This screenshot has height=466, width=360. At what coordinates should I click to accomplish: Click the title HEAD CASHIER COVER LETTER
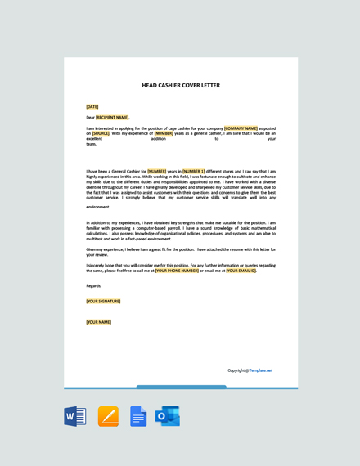[x=181, y=85]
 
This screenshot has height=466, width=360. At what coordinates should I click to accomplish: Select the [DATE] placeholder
[x=92, y=106]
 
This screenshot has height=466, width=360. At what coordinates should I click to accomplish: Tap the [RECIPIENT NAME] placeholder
[x=112, y=117]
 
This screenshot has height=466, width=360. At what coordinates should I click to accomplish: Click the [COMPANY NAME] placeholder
[x=241, y=128]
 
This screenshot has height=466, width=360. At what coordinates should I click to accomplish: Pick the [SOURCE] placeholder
[x=101, y=133]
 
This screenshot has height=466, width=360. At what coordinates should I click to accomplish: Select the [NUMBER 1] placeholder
[x=194, y=172]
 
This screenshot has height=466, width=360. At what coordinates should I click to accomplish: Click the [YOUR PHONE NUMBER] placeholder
[x=178, y=271]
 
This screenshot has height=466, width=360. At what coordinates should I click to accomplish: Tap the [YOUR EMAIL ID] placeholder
[x=241, y=271]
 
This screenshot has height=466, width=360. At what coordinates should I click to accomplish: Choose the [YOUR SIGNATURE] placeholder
[x=103, y=301]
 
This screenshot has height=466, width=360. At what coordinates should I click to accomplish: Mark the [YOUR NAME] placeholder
[x=98, y=322]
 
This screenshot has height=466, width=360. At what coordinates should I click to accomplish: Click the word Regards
[x=93, y=286]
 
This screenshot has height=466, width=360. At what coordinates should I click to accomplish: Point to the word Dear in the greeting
[x=90, y=117]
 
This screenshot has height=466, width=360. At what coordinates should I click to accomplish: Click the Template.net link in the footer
[x=261, y=370]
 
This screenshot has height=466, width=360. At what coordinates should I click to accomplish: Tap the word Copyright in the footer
[x=237, y=370]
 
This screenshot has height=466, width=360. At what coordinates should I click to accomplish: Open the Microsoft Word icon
[x=75, y=416]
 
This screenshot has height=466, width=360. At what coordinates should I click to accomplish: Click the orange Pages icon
[x=108, y=416]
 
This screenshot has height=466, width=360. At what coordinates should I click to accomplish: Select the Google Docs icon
[x=138, y=416]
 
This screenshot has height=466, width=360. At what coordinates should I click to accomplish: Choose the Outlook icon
[x=168, y=416]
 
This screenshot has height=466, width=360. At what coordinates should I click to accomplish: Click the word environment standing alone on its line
[x=98, y=207]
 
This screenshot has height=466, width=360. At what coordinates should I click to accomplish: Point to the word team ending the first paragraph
[x=91, y=144]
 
